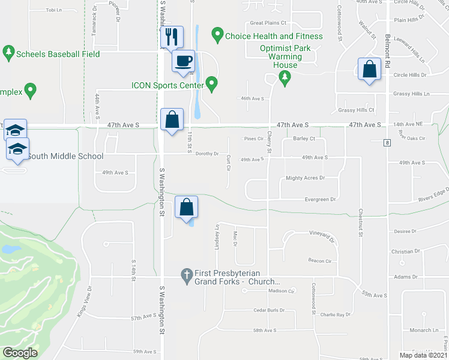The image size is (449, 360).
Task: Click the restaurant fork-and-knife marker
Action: [172, 37]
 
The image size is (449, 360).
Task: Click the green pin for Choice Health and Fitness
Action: [218, 36]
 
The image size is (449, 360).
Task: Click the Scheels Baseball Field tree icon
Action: [8, 54]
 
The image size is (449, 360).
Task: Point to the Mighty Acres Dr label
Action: [305, 178]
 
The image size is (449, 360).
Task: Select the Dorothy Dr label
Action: [208, 154]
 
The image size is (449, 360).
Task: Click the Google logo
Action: [20, 352]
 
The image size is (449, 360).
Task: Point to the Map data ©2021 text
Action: [423, 355]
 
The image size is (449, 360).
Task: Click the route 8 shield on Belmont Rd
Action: [388, 142]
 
